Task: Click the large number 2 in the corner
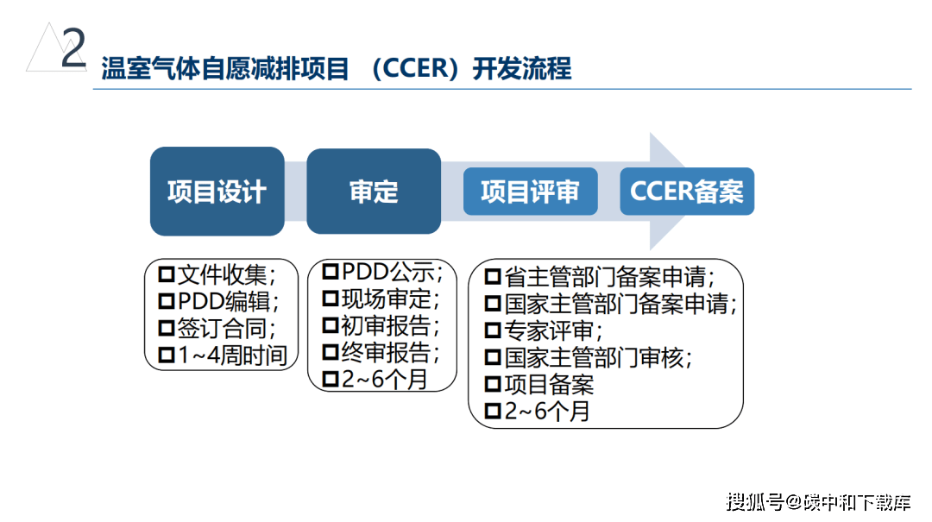74,49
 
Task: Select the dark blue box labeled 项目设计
217,192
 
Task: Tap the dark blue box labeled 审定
374,192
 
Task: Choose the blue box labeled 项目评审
530,192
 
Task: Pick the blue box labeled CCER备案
687,192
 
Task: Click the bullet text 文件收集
226,276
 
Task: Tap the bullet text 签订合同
226,329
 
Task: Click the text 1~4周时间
232,355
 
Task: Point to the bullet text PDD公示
391,273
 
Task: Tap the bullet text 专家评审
553,330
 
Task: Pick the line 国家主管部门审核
598,357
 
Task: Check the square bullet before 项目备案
493,385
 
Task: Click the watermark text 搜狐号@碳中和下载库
818,501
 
